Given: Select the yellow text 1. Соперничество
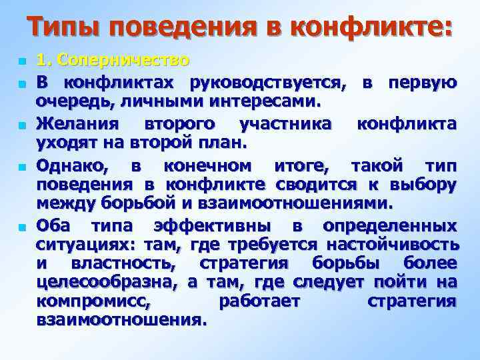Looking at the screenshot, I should tap(113, 61).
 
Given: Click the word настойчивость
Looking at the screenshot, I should tap(393, 244).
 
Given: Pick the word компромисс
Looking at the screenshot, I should tap(94, 302).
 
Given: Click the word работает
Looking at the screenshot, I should tap(259, 302).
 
